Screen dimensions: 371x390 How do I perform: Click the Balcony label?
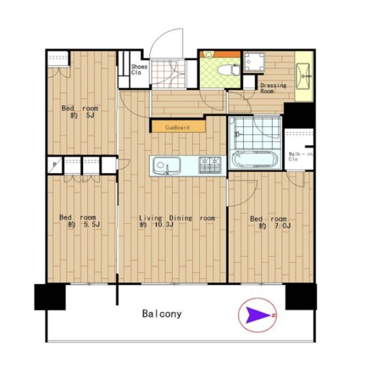coord(162,314)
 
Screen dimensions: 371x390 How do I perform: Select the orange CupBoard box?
coord(178,126)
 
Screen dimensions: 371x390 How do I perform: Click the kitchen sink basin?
coord(167,165)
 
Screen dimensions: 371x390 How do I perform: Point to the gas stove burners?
coord(210,164)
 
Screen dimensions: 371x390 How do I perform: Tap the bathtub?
coord(255,159)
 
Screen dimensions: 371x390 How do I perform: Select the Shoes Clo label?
coord(139,70)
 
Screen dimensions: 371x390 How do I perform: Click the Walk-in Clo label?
coord(300,157)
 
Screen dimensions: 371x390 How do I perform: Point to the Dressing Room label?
coord(273,88)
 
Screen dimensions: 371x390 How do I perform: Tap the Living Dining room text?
coord(177,218)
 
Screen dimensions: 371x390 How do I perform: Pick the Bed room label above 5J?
coord(80,109)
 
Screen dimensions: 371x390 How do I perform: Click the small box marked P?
coord(54,164)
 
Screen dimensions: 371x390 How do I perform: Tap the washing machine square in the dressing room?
coord(254,62)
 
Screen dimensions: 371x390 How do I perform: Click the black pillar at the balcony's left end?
coord(50,297)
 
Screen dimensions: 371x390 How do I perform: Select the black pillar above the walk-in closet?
coord(299,115)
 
